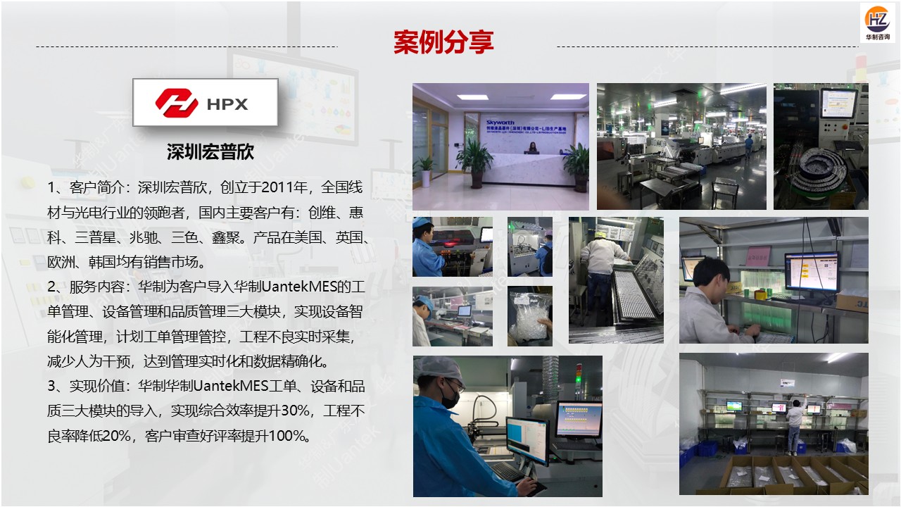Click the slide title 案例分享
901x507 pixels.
pyautogui.click(x=443, y=42)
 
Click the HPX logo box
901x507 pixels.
pyautogui.click(x=205, y=103)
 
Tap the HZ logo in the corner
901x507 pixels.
pyautogui.click(x=877, y=21)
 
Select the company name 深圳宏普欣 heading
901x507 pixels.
pyautogui.click(x=210, y=151)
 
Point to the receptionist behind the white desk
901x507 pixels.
pyautogui.click(x=533, y=148)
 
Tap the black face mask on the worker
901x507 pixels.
pyautogui.click(x=450, y=395)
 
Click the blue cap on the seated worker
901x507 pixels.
pyautogui.click(x=422, y=223)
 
